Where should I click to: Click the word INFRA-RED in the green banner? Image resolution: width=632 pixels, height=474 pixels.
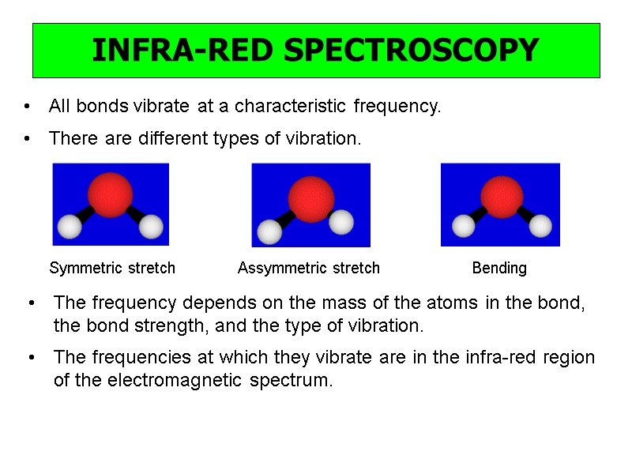click(x=184, y=51)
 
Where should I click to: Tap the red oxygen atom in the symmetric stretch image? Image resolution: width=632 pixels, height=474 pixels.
click(x=110, y=191)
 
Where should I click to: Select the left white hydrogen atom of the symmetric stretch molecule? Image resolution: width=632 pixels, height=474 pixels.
click(x=71, y=228)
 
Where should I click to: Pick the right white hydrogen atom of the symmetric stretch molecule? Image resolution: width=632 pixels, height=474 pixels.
click(x=151, y=228)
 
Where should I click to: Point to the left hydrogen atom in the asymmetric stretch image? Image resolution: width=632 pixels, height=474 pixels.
click(x=270, y=232)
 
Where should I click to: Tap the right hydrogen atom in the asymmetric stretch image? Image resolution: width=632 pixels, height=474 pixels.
click(x=340, y=222)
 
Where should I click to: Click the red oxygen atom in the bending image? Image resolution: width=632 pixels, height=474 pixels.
click(x=502, y=195)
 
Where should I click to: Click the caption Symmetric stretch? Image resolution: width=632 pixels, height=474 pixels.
click(x=112, y=269)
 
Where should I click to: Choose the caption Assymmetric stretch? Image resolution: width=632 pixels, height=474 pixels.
click(x=309, y=269)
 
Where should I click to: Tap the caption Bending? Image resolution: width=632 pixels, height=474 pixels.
click(x=499, y=269)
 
